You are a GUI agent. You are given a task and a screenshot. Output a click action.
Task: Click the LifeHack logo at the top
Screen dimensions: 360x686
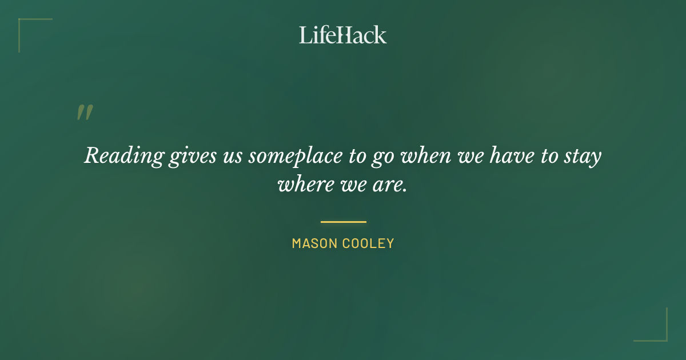343,35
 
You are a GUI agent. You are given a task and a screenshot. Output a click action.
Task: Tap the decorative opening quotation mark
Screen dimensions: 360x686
85,113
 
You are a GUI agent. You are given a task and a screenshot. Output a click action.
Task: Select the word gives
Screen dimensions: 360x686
188,156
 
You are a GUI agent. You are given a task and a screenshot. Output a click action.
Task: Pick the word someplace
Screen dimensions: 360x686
295,156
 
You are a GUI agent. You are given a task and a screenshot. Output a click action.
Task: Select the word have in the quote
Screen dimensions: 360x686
506,155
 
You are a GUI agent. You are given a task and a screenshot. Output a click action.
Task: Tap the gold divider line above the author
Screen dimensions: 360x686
343,222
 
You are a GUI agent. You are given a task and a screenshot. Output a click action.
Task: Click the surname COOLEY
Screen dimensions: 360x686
368,243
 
